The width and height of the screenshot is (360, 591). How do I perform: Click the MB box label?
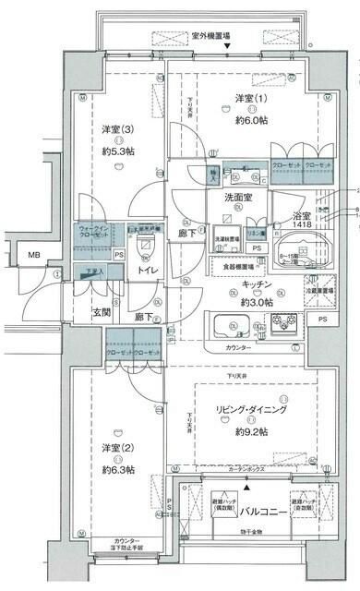click(33, 255)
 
